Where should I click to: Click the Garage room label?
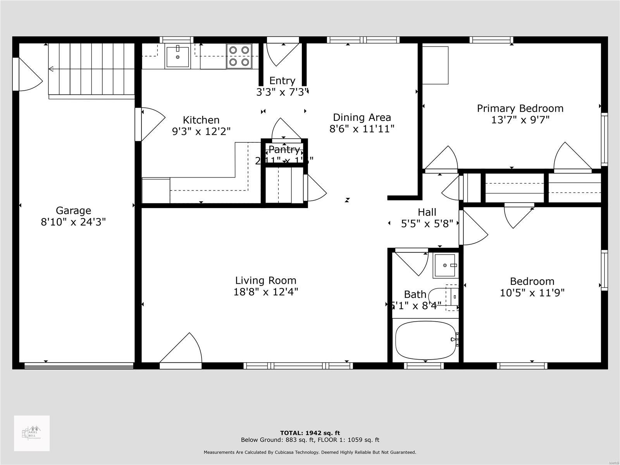point(73,210)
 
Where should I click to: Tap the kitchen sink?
point(177,57)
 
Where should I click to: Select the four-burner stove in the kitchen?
point(239,56)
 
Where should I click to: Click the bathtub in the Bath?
point(425,340)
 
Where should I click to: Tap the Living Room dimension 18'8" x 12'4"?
point(266,292)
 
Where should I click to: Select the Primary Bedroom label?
point(520,108)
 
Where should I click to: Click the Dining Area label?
point(362,117)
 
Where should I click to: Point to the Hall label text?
point(427,212)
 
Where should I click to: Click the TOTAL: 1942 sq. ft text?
point(310,433)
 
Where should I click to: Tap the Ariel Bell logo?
point(32,433)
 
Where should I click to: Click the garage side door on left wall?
point(27,74)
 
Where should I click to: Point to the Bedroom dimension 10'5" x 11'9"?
point(532,293)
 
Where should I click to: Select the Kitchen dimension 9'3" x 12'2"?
point(201,132)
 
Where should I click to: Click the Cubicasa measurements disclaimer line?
point(310,452)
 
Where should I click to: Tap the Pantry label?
point(284,150)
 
